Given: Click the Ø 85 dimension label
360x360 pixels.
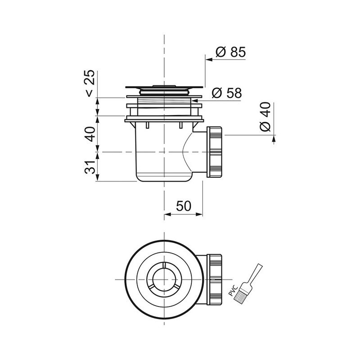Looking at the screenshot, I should pyautogui.click(x=230, y=52).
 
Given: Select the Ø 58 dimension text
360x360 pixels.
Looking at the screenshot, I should pyautogui.click(x=226, y=93).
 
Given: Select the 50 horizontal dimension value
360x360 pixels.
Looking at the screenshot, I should pyautogui.click(x=183, y=206).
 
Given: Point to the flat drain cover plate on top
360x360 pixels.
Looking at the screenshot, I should pyautogui.click(x=164, y=88).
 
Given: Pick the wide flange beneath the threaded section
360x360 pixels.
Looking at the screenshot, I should pyautogui.click(x=164, y=119).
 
